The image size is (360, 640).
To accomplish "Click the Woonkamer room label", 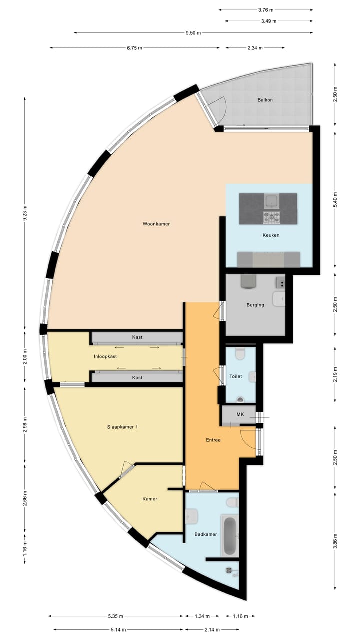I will tap(156, 224).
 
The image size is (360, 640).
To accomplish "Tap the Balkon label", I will tap(265, 100).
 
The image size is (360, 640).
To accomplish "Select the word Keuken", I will tap(271, 235).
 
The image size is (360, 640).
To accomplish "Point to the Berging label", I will tap(255, 305).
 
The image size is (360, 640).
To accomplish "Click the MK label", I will tap(240, 415).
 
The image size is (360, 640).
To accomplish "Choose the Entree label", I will tap(213, 440).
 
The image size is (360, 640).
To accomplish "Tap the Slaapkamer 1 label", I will tap(122, 427).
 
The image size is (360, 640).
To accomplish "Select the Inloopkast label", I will tap(105, 357).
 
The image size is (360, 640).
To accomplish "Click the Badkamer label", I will tap(206, 534).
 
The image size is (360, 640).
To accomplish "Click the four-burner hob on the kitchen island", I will tap(272, 217).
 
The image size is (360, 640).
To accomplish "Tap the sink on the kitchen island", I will tap(272, 201).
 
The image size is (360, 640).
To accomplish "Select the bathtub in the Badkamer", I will tap(230, 535).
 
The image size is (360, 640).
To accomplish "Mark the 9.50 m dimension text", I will tap(193, 33).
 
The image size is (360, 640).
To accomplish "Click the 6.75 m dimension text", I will tap(134, 48).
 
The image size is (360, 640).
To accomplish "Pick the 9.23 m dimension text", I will tap(25, 214).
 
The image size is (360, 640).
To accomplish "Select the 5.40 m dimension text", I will tap(335, 194).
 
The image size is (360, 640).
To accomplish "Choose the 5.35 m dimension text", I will tap(115, 616).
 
